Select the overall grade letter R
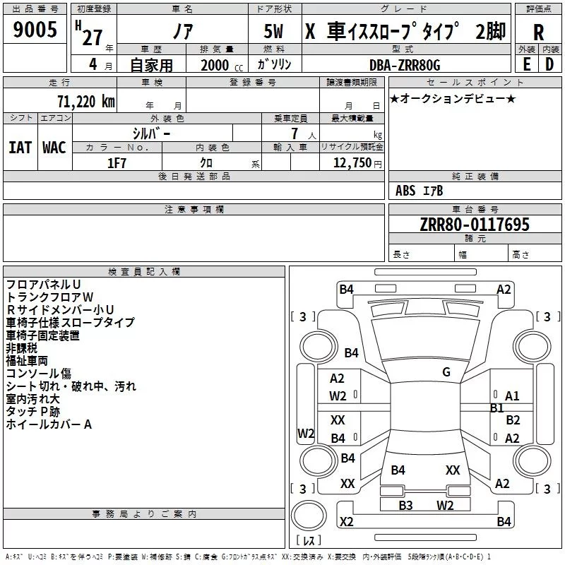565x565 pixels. (538, 32)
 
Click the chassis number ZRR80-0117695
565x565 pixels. (474, 225)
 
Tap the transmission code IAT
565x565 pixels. (20, 147)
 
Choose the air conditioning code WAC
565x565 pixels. (54, 147)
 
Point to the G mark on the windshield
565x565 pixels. (446, 372)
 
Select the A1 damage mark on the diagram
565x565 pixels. (512, 396)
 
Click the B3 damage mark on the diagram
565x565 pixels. (405, 505)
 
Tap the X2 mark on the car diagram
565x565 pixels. (346, 522)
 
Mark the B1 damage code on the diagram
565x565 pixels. (496, 408)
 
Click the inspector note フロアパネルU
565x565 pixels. (43, 284)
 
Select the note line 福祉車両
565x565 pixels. (27, 360)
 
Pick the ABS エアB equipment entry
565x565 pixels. (420, 190)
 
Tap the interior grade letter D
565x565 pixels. (549, 64)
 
